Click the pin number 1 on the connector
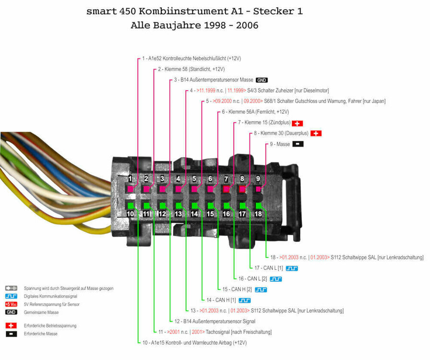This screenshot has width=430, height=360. pyautogui.click(x=130, y=179)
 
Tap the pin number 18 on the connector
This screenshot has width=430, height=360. pyautogui.click(x=258, y=214)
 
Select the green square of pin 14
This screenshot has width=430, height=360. pyautogui.click(x=194, y=205)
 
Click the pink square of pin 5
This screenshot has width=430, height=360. pyautogui.click(x=194, y=189)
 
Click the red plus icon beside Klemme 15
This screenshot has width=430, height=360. pyautogui.click(x=298, y=123)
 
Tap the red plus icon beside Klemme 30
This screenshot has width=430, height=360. pyautogui.click(x=316, y=133)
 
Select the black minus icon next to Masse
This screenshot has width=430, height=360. pyautogui.click(x=298, y=144)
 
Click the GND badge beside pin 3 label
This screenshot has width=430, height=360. pyautogui.click(x=262, y=80)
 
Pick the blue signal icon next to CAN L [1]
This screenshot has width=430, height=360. pyautogui.click(x=292, y=268)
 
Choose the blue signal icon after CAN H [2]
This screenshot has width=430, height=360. pyautogui.click(x=261, y=289)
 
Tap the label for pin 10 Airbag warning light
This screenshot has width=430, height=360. pyautogui.click(x=194, y=343)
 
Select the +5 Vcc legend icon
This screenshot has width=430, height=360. pyautogui.click(x=11, y=304)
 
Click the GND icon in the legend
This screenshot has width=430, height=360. pyautogui.click(x=11, y=312)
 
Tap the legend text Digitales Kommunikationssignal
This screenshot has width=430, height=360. pyautogui.click(x=50, y=296)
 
